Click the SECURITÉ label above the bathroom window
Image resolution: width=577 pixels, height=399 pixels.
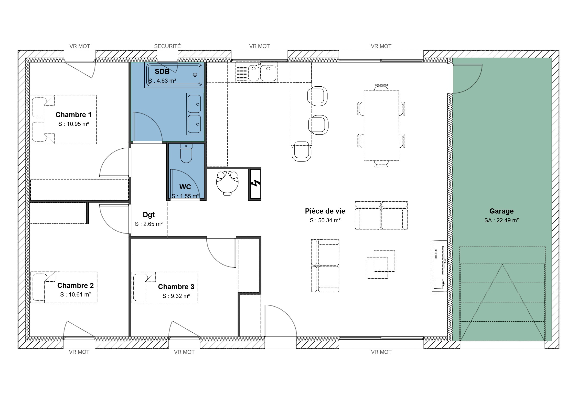pyautogui.click(x=167, y=46)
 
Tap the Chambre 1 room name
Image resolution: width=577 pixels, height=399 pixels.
pyautogui.click(x=73, y=115)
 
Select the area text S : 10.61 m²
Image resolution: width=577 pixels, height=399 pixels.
pyautogui.click(x=75, y=295)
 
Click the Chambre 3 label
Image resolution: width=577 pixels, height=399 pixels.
pyautogui.click(x=176, y=287)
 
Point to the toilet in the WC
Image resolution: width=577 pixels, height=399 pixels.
pyautogui.click(x=186, y=154)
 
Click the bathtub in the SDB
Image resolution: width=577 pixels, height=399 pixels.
pyautogui.click(x=174, y=74)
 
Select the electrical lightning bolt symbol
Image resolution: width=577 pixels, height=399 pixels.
pyautogui.click(x=256, y=184)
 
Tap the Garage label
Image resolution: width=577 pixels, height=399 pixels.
pyautogui.click(x=501, y=211)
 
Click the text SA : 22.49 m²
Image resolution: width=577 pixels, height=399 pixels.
pyautogui.click(x=501, y=220)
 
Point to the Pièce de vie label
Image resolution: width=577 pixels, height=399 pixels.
pyautogui.click(x=325, y=211)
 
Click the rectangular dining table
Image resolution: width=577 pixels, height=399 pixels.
pyautogui.click(x=381, y=125)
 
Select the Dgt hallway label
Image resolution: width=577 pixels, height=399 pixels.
pyautogui.click(x=149, y=215)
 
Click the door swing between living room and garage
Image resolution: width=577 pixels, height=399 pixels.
pyautogui.click(x=467, y=79)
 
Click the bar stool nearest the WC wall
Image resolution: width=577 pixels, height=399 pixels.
pyautogui.click(x=301, y=152)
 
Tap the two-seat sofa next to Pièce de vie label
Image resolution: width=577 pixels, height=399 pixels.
pyautogui.click(x=381, y=215)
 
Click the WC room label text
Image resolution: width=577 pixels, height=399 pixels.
pyautogui.click(x=185, y=187)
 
